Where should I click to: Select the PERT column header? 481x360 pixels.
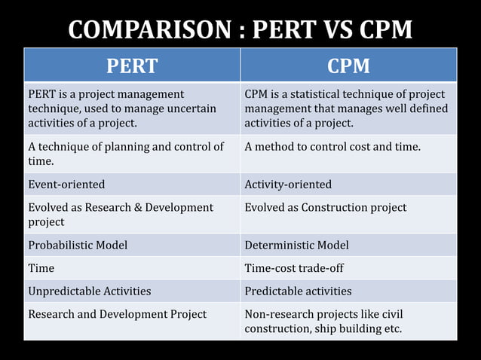[132, 66]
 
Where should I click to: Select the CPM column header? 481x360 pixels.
[348, 66]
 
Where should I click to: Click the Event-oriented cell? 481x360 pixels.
[132, 185]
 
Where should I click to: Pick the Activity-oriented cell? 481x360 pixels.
[348, 185]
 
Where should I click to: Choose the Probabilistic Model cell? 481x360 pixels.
[132, 246]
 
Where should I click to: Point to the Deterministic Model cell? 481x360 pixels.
[348, 246]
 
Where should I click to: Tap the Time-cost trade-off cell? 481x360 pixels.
[348, 268]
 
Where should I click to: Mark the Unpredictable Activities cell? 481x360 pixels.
[132, 291]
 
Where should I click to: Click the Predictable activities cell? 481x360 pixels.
[348, 291]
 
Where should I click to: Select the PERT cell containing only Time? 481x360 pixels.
[132, 268]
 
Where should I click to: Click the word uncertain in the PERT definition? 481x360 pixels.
[191, 108]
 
